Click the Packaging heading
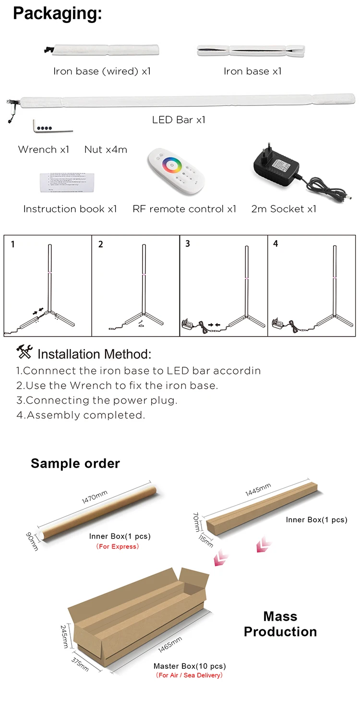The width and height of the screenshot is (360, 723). click(x=58, y=13)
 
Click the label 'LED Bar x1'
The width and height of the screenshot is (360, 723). click(x=179, y=120)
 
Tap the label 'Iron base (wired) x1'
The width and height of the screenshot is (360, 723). click(x=102, y=72)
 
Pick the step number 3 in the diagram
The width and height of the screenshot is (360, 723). click(x=188, y=244)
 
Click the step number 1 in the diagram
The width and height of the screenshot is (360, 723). click(x=12, y=244)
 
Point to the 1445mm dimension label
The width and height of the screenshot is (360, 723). click(x=258, y=489)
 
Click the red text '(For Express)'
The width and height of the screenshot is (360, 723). click(x=118, y=546)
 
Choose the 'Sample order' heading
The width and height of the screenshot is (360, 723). click(x=75, y=463)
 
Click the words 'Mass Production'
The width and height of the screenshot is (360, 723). click(x=280, y=624)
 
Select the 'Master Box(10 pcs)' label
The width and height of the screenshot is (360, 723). click(x=190, y=666)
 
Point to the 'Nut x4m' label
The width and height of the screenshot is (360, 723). click(x=106, y=150)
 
